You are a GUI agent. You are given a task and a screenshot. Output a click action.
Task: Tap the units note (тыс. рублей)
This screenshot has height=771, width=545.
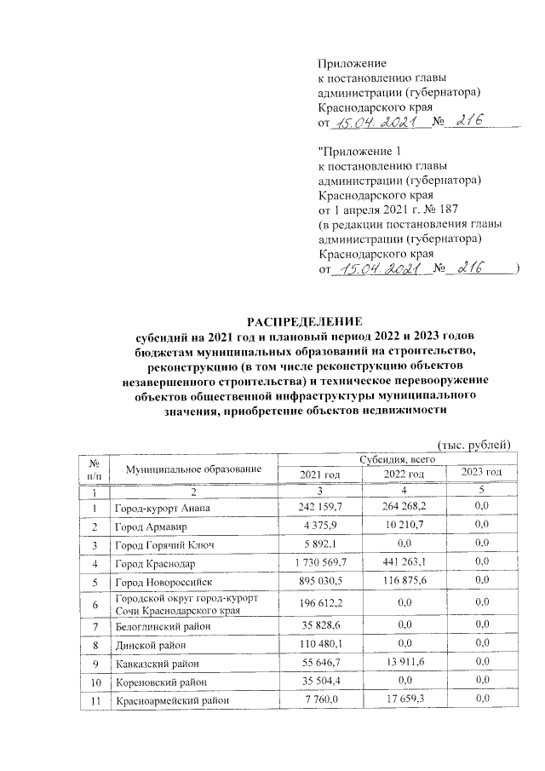tap(473, 444)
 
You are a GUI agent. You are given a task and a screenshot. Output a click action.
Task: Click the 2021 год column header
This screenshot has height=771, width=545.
tap(320, 475)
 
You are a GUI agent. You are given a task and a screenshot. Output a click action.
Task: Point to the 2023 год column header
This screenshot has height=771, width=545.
tap(481, 473)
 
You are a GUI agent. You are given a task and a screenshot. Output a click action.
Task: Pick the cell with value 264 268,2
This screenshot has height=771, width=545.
tap(401, 509)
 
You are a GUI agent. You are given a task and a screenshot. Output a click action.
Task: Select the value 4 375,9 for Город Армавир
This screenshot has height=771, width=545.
tap(320, 526)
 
